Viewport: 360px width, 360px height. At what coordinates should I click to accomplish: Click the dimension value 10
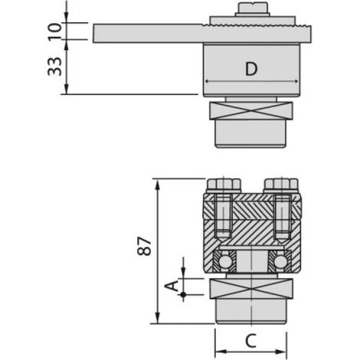tap(54, 31)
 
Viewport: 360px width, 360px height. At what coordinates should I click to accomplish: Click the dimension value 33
tap(54, 67)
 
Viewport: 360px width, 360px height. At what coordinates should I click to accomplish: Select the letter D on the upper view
tap(251, 69)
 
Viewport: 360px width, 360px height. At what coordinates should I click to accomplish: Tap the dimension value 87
tap(144, 246)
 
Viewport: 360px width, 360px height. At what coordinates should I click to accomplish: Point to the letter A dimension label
tap(172, 286)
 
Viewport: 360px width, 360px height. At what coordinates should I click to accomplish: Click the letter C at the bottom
tap(250, 340)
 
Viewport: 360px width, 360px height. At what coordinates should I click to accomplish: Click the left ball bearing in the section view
tap(224, 261)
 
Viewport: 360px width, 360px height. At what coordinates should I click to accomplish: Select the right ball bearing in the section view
tap(280, 261)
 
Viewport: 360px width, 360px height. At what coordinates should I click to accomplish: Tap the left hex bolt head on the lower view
tap(224, 185)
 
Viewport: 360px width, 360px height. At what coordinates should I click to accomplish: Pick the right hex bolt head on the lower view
tap(281, 185)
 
